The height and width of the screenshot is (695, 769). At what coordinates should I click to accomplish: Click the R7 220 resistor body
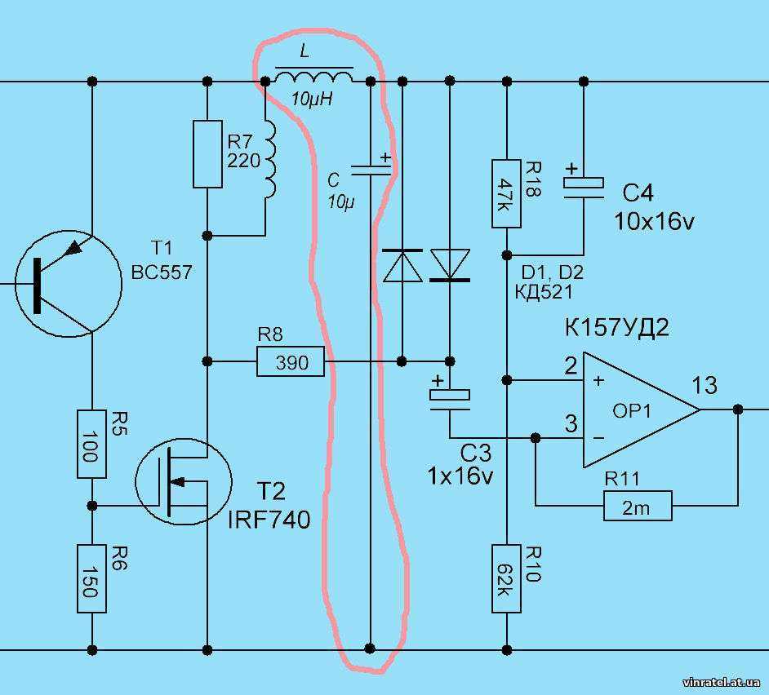click(x=207, y=154)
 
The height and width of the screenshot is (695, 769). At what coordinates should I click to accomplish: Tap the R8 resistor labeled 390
click(x=291, y=361)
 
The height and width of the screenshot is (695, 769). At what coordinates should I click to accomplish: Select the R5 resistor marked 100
click(x=91, y=444)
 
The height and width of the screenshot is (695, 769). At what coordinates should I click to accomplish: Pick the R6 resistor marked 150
click(x=91, y=578)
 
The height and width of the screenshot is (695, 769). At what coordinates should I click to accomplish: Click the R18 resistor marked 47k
click(x=507, y=193)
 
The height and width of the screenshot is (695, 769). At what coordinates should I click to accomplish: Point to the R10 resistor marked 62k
click(x=507, y=578)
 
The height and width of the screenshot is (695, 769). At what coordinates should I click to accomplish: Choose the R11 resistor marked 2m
click(x=638, y=506)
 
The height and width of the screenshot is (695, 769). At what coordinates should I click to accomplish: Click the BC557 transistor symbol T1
click(x=69, y=283)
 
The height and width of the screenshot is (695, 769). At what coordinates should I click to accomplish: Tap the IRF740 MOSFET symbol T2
click(x=184, y=482)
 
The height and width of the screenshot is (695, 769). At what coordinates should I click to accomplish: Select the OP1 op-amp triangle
click(x=642, y=409)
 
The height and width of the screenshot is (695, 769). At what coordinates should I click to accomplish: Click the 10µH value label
click(x=312, y=100)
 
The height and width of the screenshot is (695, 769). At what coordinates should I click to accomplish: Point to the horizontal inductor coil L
click(x=313, y=77)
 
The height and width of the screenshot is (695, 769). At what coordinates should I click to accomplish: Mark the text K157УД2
click(x=617, y=327)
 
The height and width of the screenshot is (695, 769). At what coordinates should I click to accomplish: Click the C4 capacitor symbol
click(x=584, y=188)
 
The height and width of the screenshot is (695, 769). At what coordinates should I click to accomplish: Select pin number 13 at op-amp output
click(x=705, y=385)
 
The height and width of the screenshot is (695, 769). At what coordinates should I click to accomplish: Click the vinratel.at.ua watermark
click(x=722, y=682)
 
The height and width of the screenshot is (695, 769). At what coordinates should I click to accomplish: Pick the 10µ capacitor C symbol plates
click(x=371, y=170)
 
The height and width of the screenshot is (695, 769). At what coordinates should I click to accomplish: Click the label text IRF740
click(x=269, y=520)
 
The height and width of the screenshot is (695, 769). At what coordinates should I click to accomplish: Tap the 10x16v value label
click(x=654, y=222)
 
